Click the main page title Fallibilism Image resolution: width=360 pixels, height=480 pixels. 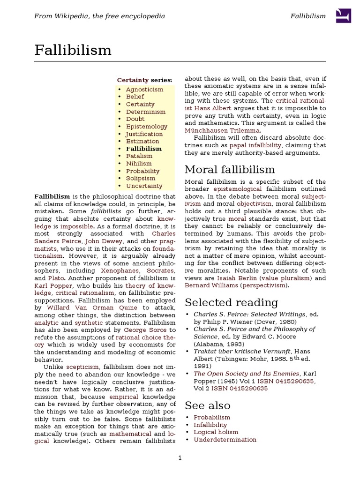(x=73, y=50)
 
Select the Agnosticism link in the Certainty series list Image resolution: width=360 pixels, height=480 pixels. (x=144, y=89)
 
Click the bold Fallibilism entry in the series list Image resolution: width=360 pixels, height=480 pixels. (x=143, y=149)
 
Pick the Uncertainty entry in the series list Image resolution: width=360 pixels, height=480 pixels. (x=144, y=186)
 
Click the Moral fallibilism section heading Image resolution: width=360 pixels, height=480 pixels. (x=230, y=169)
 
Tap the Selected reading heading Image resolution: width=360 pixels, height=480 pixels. (x=231, y=302)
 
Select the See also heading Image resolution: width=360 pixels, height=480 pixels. (x=207, y=405)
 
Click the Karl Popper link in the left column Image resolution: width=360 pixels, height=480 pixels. (x=53, y=285)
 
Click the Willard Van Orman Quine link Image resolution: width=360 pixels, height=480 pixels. (x=92, y=308)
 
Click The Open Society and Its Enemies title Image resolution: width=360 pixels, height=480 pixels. (x=247, y=374)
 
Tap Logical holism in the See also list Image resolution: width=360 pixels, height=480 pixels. (x=216, y=432)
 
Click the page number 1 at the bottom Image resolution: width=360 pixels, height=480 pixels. (x=180, y=458)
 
